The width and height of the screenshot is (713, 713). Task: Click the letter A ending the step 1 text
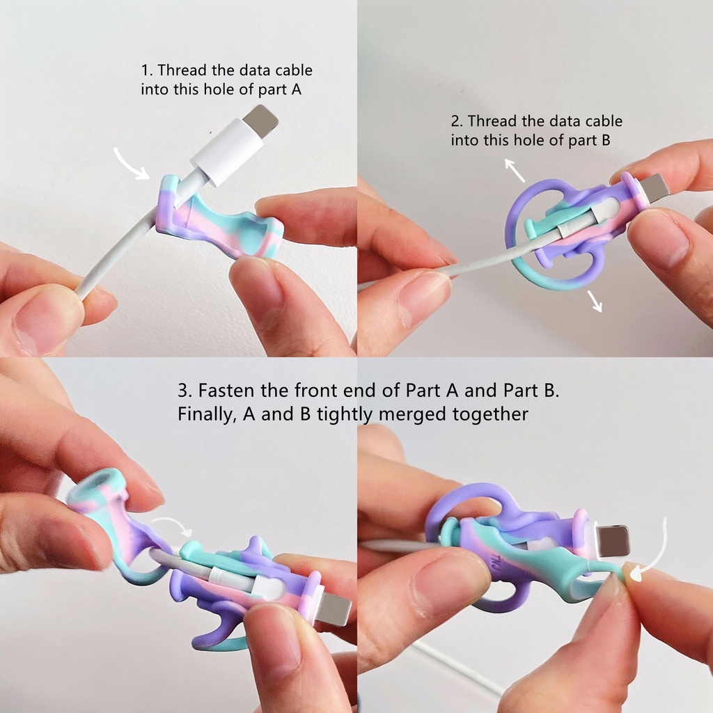[296, 89]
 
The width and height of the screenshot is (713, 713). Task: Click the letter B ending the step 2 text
[605, 140]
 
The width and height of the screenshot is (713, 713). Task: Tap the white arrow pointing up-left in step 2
[514, 169]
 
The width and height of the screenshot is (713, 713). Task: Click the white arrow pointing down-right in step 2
[595, 301]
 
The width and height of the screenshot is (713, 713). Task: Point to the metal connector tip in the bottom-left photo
[334, 609]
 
